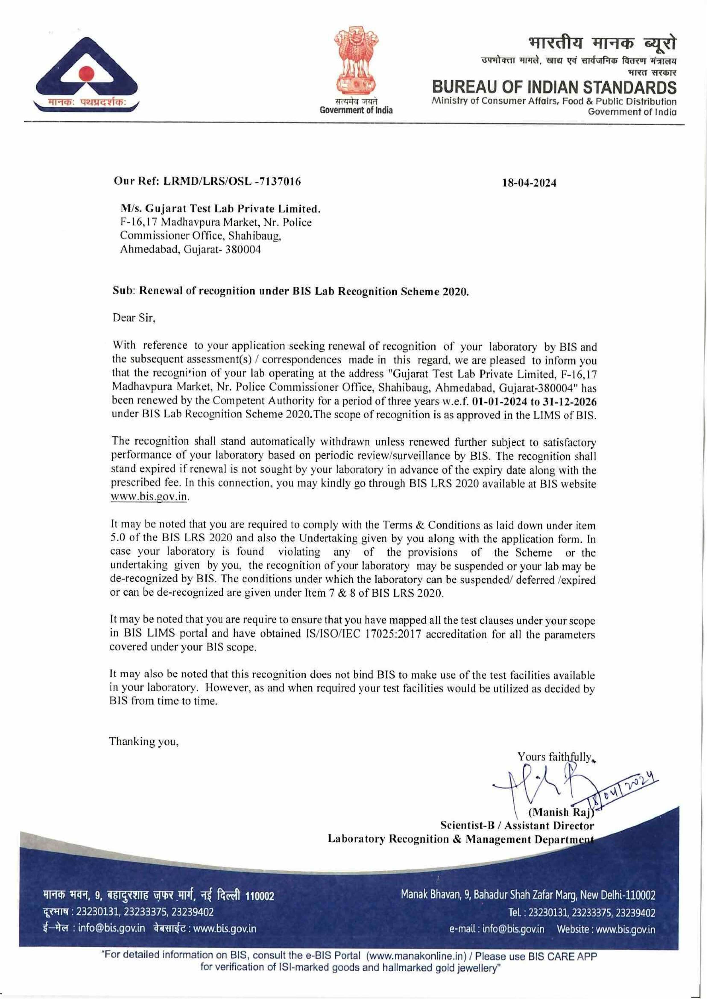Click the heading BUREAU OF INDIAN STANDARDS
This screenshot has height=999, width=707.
click(554, 87)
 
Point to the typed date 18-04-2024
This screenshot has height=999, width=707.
click(529, 183)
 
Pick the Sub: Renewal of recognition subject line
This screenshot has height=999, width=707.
click(291, 291)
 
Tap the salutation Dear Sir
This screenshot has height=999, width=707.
click(134, 318)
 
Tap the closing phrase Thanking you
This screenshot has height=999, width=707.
click(144, 741)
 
